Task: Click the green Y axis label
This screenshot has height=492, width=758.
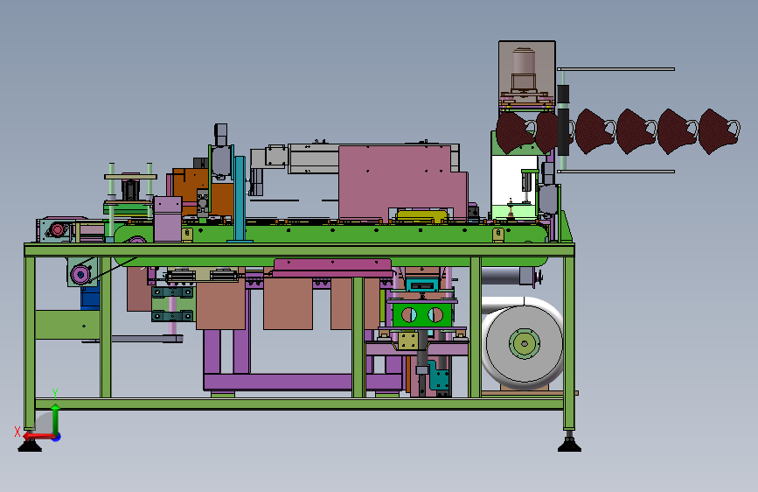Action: coord(55,393)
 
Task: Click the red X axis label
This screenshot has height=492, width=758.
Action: coord(17,431)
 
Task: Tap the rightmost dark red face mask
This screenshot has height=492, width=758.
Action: coord(719,131)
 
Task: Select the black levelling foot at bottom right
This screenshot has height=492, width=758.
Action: coord(569,445)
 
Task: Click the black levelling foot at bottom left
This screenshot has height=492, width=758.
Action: coord(30,445)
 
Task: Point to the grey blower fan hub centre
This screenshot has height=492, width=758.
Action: coord(524,344)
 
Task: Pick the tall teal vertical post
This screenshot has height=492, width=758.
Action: coord(240,199)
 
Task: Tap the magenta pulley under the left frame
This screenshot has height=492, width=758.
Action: coord(80,276)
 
